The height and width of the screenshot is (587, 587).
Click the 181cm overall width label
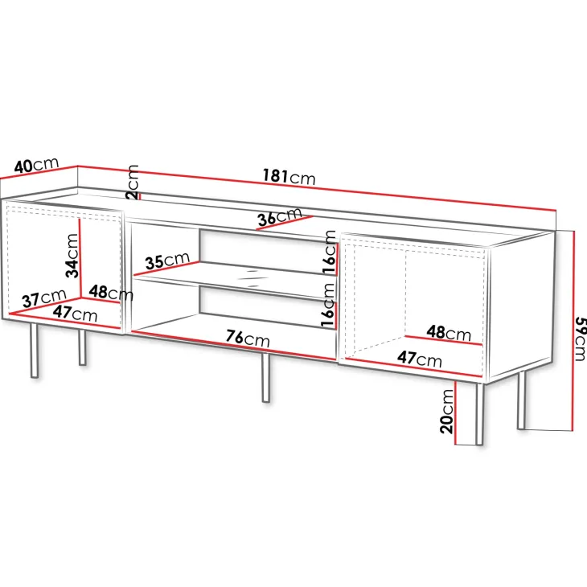pos(289,176)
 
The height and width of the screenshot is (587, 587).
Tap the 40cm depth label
pos(37,165)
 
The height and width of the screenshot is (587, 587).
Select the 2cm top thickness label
pos(133,182)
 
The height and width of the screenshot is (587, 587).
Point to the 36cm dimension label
pos(279,217)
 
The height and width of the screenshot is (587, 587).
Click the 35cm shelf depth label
pos(167,261)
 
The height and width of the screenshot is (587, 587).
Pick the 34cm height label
pos(72,256)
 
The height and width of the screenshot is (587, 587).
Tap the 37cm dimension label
pos(44,298)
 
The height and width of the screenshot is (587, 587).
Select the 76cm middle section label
pos(248,338)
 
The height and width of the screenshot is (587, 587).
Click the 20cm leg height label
pos(446,412)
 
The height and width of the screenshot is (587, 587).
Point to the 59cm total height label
pos(580,339)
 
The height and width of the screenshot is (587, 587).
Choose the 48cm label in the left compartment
pos(111,293)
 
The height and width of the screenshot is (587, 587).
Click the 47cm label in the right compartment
pos(419,359)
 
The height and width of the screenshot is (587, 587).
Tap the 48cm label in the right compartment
pos(449,332)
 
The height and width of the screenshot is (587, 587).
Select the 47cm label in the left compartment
pos(75,314)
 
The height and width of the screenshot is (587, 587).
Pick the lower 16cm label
pos(327,305)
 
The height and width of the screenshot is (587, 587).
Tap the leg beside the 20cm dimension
pos(478,413)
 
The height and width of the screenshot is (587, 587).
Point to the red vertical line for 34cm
pos(80,258)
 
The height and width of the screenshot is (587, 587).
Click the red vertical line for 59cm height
pos(572,330)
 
